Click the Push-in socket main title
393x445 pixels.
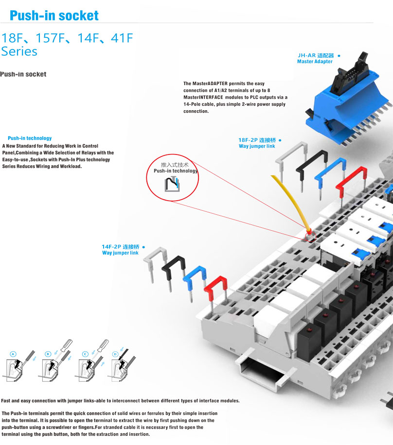[54, 16]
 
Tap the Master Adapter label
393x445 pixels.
[315, 62]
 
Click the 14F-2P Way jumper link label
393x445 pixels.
[120, 253]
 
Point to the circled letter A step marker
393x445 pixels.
[13, 354]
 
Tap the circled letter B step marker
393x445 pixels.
[48, 354]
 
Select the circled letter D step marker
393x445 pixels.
[115, 354]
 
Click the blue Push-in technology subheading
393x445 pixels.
[30, 138]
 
